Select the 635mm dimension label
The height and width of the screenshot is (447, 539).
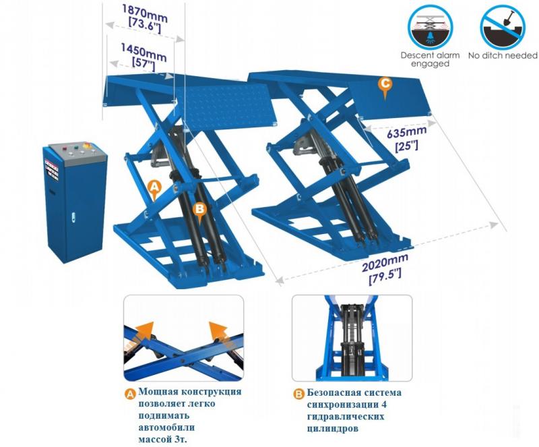tap(407, 137)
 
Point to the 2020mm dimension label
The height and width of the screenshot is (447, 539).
tap(385, 268)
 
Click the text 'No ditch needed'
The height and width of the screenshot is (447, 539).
tap(503, 55)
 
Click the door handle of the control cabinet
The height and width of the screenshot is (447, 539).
tap(73, 217)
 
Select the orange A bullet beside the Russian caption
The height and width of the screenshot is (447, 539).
tap(130, 394)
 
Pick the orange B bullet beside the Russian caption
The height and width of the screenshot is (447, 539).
tap(298, 394)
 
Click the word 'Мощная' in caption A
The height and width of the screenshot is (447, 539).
tap(158, 392)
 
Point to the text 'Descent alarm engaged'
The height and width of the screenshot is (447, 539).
tap(430, 59)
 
